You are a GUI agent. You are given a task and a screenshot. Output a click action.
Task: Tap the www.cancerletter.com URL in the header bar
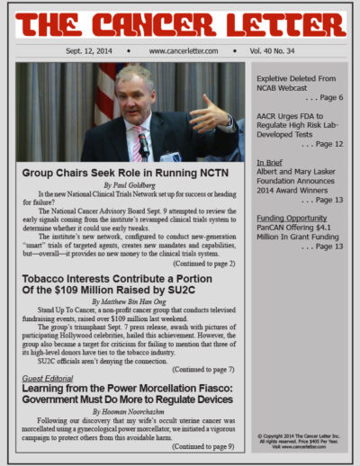(181, 51)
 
